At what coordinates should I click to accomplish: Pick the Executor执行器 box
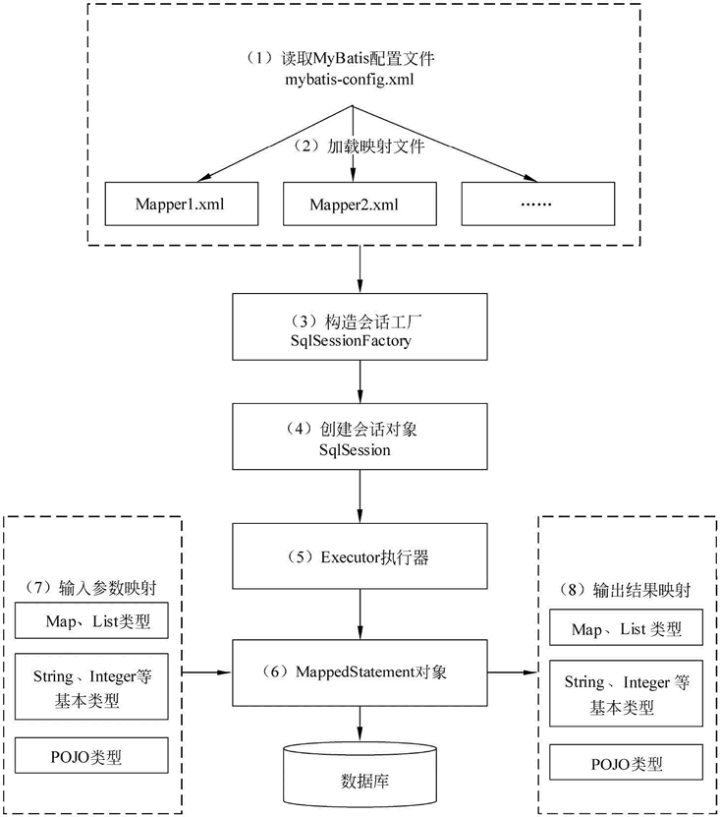[x=360, y=556]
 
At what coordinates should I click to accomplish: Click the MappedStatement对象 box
[x=360, y=672]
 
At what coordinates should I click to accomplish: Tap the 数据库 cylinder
[x=358, y=776]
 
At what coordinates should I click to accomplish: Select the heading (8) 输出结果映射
[x=626, y=591]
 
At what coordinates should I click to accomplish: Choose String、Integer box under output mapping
[x=626, y=694]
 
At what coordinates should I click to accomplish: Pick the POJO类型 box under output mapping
[x=626, y=764]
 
